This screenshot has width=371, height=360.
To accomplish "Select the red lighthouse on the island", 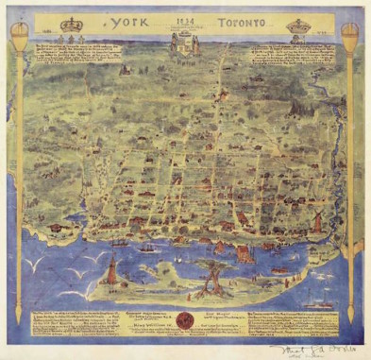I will (111, 272).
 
